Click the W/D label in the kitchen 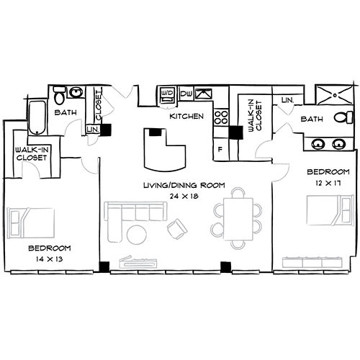tap(167, 94)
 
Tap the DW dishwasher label tap(186, 94)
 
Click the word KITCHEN tap(186, 116)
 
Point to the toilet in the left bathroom tap(59, 94)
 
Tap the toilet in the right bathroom tap(346, 117)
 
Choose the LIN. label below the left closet tap(92, 129)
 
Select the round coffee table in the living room tap(136, 234)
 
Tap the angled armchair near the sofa tap(176, 230)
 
